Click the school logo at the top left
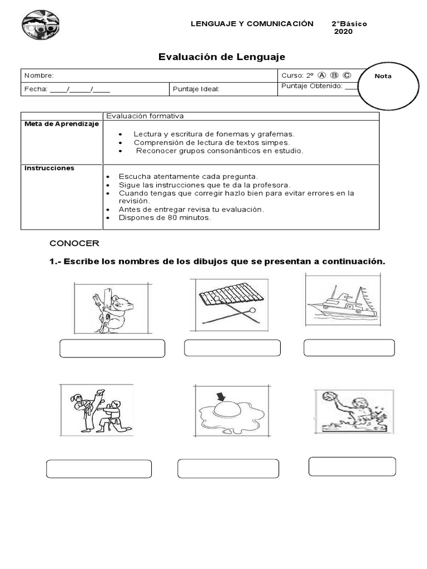coord(40,26)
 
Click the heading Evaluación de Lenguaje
coord(222,57)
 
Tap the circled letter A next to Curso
coord(321,76)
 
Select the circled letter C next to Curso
coord(347,76)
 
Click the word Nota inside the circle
coord(383,76)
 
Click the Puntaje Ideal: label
coord(196,89)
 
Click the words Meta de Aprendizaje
coord(61,124)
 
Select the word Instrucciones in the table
coord(49,168)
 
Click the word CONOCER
coord(74,243)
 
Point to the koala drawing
coord(113,308)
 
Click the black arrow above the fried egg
coord(221,396)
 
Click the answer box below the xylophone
coord(232,348)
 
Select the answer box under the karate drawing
coord(99,469)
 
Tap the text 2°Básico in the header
coord(349,24)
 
